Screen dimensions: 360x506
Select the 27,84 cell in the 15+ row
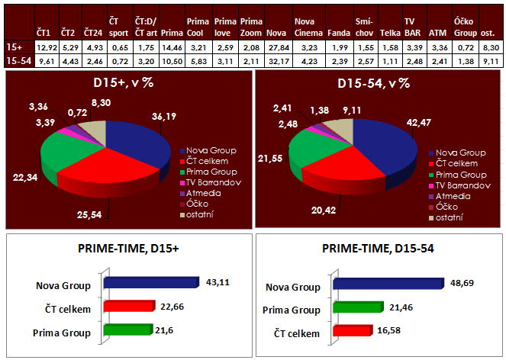276,47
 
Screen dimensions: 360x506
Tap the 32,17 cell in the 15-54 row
276,59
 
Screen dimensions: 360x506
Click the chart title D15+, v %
127,82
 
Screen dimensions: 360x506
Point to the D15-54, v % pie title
379,82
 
